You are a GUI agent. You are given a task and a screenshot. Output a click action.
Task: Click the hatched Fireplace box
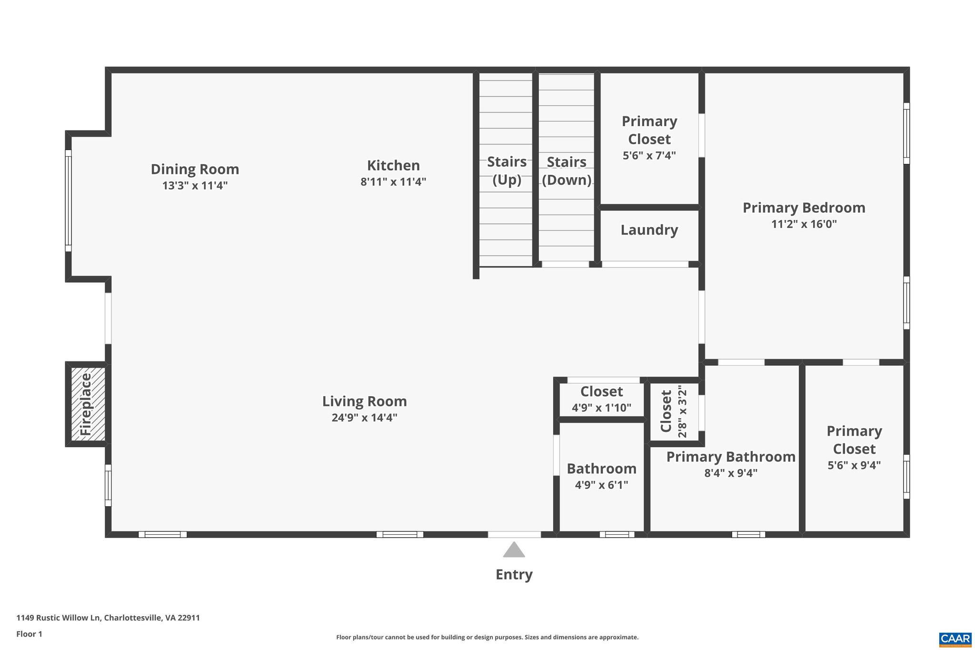point(88,404)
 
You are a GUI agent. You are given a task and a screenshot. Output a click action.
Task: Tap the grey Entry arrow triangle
point(514,550)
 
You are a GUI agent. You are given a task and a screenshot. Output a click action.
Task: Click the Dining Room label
point(195,170)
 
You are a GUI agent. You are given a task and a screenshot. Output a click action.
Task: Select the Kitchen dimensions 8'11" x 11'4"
point(393,182)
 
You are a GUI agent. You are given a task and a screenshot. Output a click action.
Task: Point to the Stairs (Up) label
point(507,170)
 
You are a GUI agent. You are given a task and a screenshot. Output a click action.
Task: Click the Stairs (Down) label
point(566,170)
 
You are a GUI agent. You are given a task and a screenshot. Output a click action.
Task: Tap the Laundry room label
point(649,230)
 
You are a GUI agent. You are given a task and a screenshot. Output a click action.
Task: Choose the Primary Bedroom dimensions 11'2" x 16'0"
point(804,224)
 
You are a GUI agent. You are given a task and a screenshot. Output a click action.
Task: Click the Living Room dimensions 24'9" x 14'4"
point(364,418)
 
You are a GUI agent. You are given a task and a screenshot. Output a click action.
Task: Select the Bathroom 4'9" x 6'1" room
point(601,476)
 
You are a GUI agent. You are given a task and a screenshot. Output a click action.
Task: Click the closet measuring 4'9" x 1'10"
point(601,399)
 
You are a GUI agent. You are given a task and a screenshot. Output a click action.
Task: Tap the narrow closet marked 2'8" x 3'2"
point(674,411)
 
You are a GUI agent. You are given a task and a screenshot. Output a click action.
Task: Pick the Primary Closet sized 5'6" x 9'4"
point(854,448)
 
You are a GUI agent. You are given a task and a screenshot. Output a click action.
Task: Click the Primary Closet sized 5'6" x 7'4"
point(649,138)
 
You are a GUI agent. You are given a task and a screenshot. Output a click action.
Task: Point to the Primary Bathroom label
point(730,457)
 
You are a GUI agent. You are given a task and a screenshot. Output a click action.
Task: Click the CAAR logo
point(955,639)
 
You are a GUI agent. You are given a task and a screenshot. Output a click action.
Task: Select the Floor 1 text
point(30,634)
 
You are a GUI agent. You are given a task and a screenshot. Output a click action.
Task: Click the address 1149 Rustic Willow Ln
point(108,618)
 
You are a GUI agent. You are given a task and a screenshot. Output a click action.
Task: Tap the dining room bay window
point(69,200)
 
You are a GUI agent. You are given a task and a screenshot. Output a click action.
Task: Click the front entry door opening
point(514,534)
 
